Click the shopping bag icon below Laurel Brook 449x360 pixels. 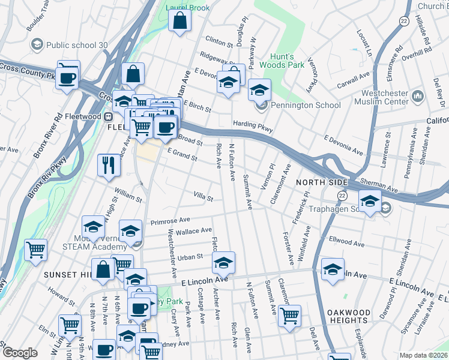point(180,23)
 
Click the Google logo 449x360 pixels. point(20,353)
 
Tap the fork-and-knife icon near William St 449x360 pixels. point(109,165)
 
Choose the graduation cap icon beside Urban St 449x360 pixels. point(223,263)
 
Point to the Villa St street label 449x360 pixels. point(203,196)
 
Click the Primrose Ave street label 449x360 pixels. point(170,221)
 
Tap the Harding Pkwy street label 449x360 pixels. point(253,126)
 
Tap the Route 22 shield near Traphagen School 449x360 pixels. point(342,196)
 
